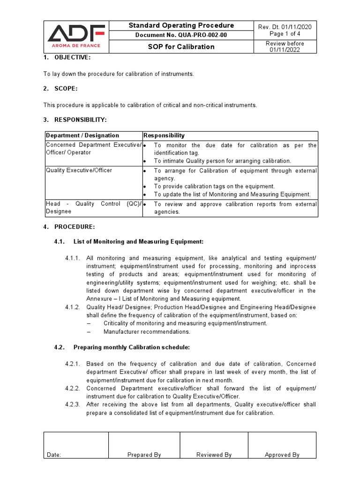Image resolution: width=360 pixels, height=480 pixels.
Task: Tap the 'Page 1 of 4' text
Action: tap(285, 34)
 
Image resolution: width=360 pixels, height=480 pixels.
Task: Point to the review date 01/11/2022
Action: tap(285, 50)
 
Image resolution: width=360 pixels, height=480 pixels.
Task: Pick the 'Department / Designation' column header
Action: tap(82, 135)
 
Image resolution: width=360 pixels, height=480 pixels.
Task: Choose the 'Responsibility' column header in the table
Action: tap(164, 135)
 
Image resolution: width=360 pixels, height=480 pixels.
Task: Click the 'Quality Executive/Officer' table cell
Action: tap(79, 170)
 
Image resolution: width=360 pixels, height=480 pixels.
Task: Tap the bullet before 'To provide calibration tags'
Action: tap(145, 187)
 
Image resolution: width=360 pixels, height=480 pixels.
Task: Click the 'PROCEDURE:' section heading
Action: tap(75, 227)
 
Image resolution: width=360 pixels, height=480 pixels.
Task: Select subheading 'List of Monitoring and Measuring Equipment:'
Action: tap(138, 242)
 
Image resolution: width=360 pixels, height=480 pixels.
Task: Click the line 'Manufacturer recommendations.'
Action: tap(147, 332)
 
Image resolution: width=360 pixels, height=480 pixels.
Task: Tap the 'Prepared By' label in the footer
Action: tap(144, 455)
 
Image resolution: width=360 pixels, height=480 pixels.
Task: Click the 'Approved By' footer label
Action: tap(282, 455)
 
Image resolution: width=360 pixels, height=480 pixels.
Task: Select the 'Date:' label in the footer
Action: tap(54, 455)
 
